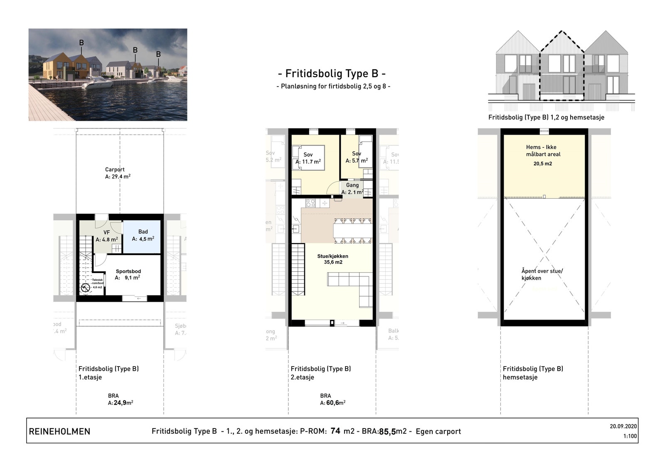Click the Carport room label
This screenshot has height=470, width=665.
pos(115,170)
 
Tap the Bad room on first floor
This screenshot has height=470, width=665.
pos(143,235)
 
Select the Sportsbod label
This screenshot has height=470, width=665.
pos(128,271)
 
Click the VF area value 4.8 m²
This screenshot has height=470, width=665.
pos(107,240)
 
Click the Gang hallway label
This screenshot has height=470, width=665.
pos(352,185)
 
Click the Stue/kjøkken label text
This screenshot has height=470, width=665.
pos(332,256)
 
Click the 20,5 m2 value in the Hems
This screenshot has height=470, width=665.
pos(543,164)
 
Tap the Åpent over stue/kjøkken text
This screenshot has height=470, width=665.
pos(542,274)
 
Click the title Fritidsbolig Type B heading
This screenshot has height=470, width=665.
pos(332,74)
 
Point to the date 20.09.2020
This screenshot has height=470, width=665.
pos(623,426)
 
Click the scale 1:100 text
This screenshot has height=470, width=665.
pos(630,436)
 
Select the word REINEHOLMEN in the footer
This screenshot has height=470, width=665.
pos(59,431)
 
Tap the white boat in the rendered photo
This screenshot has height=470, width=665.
pos(98,84)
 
